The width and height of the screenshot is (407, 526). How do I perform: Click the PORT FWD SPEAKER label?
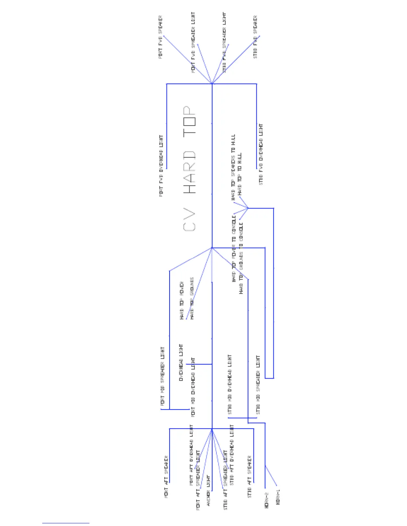coord(161,37)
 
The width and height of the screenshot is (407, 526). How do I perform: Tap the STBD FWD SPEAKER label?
coord(255,37)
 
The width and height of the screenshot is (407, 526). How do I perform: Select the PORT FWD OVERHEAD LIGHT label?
coord(161,166)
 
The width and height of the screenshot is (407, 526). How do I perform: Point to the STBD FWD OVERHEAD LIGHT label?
coord(261,154)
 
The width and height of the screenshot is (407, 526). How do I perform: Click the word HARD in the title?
coord(190,173)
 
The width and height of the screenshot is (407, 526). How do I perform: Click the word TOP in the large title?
coord(190,120)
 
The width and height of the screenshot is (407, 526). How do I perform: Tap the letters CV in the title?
coord(190,220)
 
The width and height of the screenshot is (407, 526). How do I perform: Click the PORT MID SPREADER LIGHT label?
coord(163,376)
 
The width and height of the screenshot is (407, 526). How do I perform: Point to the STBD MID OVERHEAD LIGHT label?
coord(230,385)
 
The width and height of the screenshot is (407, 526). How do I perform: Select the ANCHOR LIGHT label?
coord(208,490)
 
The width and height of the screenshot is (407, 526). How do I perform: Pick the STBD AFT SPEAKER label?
coord(250,477)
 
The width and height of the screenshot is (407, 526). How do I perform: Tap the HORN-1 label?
coord(278,497)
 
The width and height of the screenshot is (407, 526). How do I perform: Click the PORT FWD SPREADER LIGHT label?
coord(193,43)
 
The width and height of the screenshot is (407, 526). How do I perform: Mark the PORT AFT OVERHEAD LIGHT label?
coord(191,455)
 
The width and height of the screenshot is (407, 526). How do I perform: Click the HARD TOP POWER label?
coord(182,301)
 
